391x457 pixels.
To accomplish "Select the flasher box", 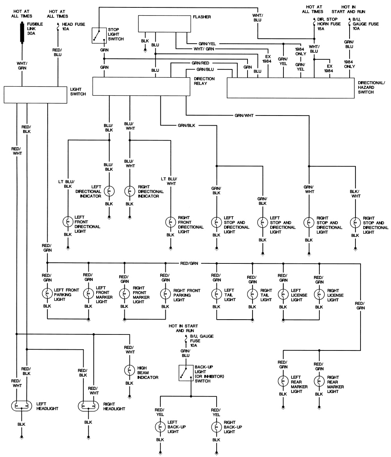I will [x=164, y=24].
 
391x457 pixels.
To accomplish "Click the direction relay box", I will [x=141, y=86].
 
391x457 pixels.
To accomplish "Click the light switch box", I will [x=36, y=94].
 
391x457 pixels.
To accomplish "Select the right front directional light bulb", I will [x=170, y=221].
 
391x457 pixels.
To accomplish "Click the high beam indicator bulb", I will [x=129, y=370].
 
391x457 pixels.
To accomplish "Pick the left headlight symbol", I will [x=22, y=405].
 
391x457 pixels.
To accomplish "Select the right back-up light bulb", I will [x=216, y=427].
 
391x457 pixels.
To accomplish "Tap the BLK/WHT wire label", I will [x=355, y=194].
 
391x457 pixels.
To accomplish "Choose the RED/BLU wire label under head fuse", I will [x=57, y=52].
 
